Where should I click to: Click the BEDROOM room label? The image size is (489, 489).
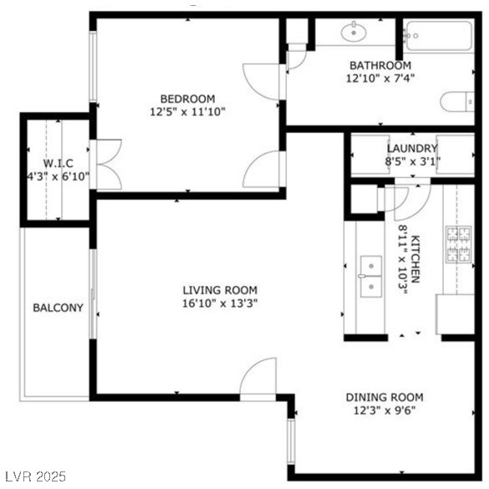click(x=187, y=98)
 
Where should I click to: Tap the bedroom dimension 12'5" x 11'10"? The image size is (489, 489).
click(x=187, y=111)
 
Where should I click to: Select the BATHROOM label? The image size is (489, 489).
click(x=380, y=65)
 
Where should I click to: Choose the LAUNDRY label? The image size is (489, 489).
click(x=412, y=149)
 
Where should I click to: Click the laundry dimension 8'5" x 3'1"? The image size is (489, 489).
click(x=412, y=161)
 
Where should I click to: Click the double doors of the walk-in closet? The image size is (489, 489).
click(x=107, y=164)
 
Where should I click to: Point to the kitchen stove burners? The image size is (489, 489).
click(x=459, y=244)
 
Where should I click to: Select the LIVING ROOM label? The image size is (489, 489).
click(x=219, y=290)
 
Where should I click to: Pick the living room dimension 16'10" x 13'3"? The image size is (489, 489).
click(x=219, y=303)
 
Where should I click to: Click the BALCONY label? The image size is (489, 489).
click(x=58, y=308)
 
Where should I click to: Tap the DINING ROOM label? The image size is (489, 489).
click(x=385, y=397)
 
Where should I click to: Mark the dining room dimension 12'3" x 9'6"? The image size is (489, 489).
click(x=385, y=410)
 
